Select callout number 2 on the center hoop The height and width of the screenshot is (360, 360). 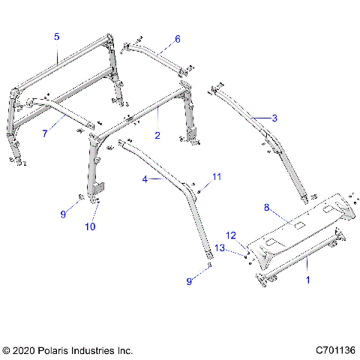click(x=157, y=135)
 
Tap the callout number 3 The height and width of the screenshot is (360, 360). click(x=274, y=118)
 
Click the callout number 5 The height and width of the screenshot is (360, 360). click(x=56, y=36)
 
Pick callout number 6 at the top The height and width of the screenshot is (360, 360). click(x=177, y=38)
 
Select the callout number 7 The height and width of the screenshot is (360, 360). click(x=44, y=133)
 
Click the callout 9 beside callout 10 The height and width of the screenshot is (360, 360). click(x=63, y=214)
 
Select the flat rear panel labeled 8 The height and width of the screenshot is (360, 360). click(x=300, y=225)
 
